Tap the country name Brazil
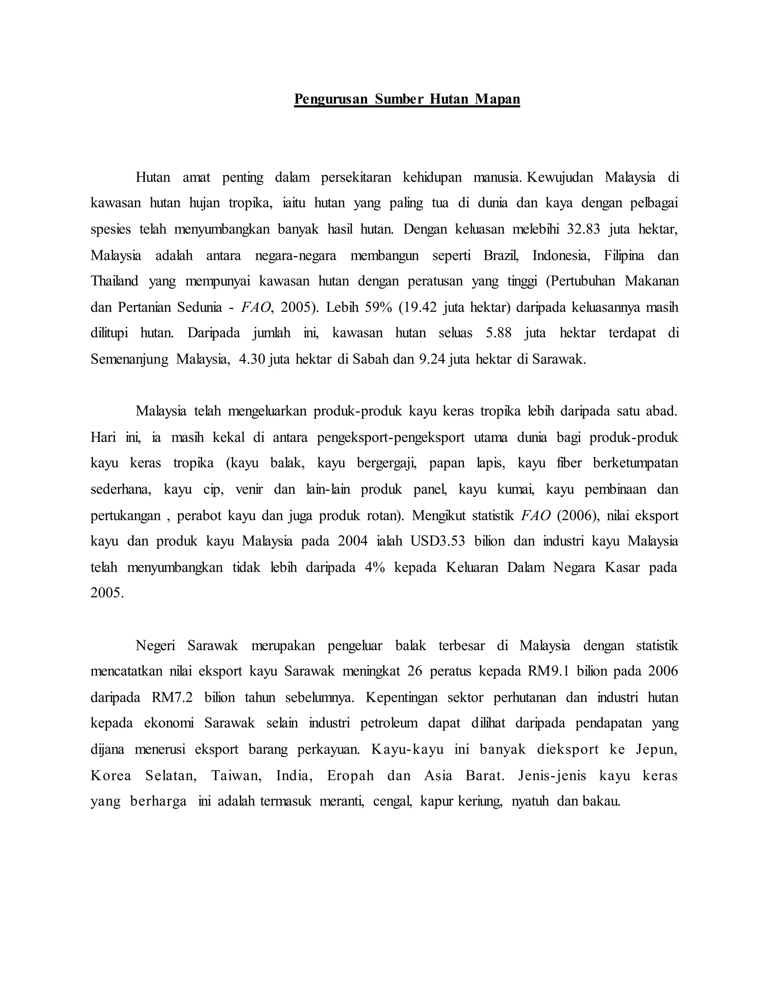pyautogui.click(x=501, y=255)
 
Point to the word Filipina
pyautogui.click(x=624, y=255)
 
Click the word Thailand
pyautogui.click(x=114, y=281)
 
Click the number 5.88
pyautogui.click(x=499, y=333)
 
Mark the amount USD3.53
pyautogui.click(x=438, y=542)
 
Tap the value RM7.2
pyautogui.click(x=172, y=698)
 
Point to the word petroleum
pyautogui.click(x=388, y=724)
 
